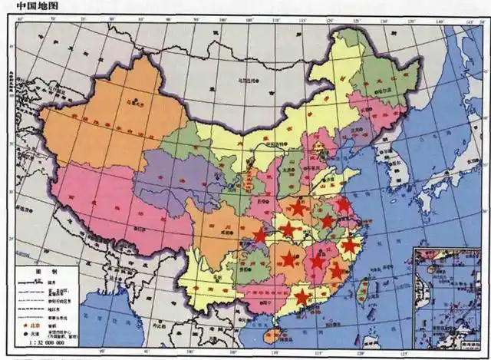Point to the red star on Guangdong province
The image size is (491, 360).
[x=302, y=296]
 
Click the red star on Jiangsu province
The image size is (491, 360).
[x=343, y=205]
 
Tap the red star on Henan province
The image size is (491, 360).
[x=298, y=207]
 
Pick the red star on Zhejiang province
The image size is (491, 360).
[x=350, y=246]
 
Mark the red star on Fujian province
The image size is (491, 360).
[x=337, y=270]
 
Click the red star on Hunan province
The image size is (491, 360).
[x=288, y=259]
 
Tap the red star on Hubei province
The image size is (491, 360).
[x=288, y=230]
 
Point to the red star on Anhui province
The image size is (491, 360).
[x=328, y=221]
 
